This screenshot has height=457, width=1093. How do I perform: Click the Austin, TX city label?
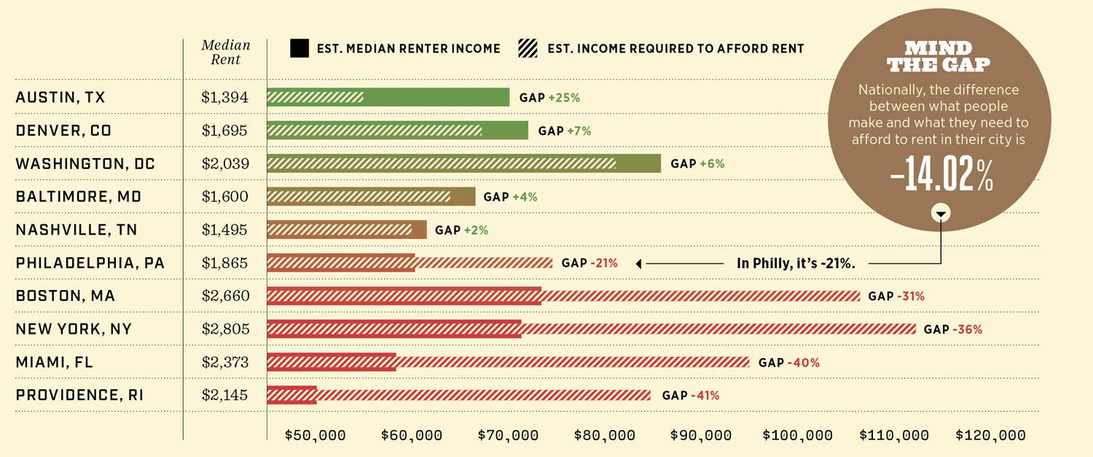coord(60,98)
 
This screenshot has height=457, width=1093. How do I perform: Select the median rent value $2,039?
coord(225,164)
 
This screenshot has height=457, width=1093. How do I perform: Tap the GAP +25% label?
coord(549,98)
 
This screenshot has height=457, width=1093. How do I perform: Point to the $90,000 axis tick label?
coord(701,436)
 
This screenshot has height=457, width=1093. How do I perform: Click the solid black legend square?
coord(299,49)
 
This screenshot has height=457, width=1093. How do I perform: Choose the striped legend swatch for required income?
coord(528,49)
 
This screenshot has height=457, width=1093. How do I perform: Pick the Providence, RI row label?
coord(79,396)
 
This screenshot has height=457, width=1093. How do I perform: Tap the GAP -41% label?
coord(690,396)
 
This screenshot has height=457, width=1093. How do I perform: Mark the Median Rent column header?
coord(226,52)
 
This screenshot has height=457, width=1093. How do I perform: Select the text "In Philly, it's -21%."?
coord(796,264)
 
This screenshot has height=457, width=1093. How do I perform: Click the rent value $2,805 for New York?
coord(225,329)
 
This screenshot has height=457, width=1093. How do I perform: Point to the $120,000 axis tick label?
coord(990,436)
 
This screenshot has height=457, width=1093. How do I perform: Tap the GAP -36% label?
coord(952,329)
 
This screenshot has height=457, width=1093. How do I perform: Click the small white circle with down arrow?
coord(941,214)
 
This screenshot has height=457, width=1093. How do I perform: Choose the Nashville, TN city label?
coord(77,230)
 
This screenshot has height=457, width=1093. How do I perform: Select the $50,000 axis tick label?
coord(315,436)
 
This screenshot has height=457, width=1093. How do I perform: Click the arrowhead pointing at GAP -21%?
coord(639,264)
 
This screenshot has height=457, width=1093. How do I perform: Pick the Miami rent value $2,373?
coord(225,362)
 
